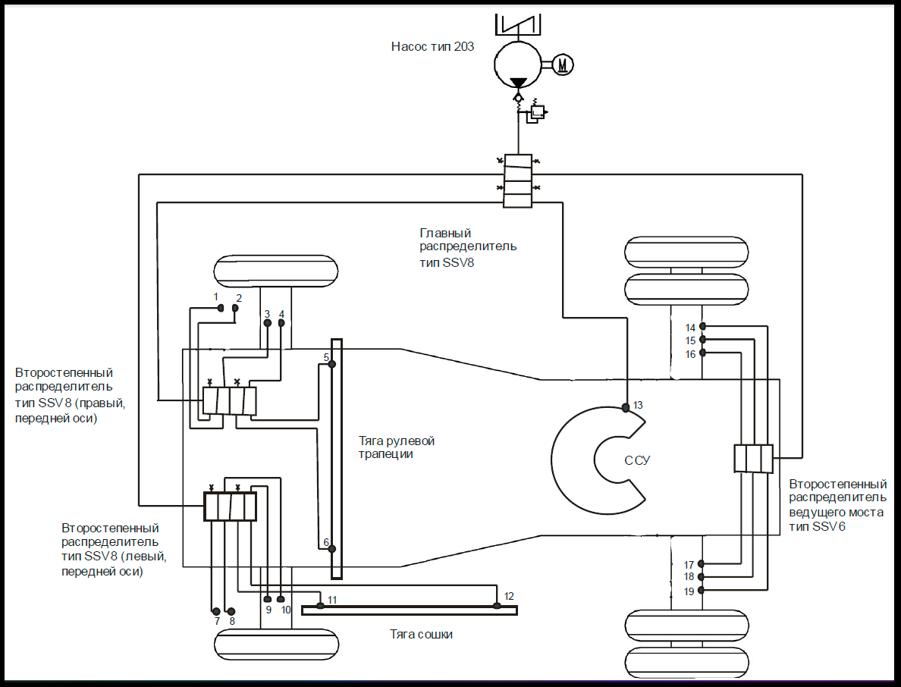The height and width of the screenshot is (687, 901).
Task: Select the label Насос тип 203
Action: coord(432,46)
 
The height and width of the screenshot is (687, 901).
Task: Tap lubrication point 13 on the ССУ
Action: coord(626,408)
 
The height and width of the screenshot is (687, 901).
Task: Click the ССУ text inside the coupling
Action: coord(638,460)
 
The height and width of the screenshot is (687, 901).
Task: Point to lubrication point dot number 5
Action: coord(331,365)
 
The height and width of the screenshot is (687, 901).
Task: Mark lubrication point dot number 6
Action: coord(331,548)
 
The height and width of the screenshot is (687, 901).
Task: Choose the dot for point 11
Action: coord(320,605)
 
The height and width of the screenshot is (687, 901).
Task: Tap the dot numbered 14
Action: coord(702,326)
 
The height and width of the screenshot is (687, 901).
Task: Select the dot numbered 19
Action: coord(702,590)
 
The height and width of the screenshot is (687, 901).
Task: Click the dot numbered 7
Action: coord(216,611)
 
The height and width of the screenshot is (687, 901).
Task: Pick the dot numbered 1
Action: coord(221,308)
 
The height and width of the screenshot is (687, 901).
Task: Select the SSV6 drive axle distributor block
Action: coord(753,458)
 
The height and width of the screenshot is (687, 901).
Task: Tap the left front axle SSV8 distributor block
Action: coord(230,506)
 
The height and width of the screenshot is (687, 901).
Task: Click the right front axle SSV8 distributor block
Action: coord(229,401)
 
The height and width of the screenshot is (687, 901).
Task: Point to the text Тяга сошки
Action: coord(422,634)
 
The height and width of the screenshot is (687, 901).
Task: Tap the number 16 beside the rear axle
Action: coord(690,354)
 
